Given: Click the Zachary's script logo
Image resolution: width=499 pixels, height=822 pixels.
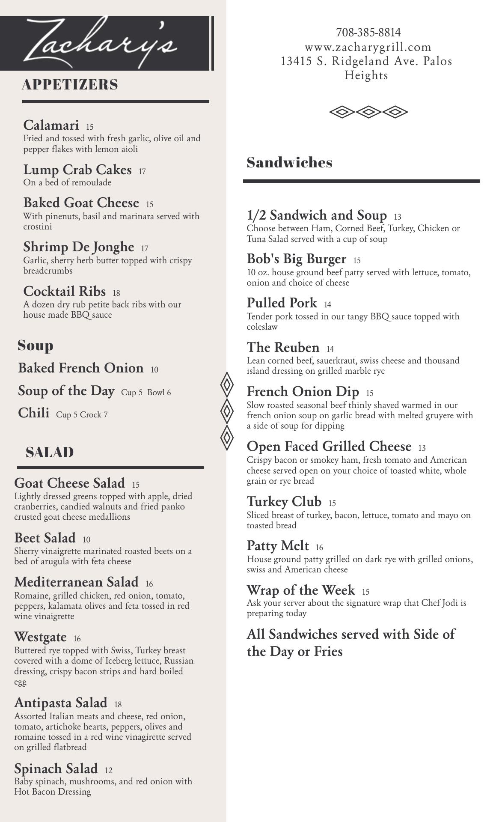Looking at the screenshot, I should tap(101, 43).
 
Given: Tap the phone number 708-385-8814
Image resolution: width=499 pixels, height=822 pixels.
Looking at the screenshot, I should tap(368, 33).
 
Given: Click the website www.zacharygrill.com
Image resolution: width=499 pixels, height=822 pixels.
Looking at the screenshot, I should tap(368, 47).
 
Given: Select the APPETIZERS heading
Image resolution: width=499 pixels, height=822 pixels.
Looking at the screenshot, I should tap(70, 85).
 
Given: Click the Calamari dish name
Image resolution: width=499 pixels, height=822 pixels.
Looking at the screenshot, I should tap(51, 125).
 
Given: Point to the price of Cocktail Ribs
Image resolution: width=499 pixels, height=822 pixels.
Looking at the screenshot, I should tap(116, 293).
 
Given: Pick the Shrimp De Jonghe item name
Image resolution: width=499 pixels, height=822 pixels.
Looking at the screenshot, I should tap(79, 247).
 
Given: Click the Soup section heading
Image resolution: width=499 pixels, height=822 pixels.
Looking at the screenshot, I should tap(36, 345).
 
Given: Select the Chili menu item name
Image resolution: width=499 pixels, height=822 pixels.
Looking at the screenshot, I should tap(33, 413).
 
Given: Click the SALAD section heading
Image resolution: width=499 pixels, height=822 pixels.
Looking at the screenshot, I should tap(50, 453).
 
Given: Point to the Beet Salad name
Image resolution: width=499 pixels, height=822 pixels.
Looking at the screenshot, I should tap(45, 538).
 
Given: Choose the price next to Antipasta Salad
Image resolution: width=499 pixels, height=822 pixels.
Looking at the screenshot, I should tap(118, 705).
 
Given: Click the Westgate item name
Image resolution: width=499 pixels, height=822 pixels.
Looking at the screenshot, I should tap(40, 637).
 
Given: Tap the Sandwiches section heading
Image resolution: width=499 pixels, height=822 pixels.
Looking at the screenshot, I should tap(289, 163).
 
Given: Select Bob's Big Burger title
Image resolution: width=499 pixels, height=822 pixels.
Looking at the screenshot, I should tap(297, 259).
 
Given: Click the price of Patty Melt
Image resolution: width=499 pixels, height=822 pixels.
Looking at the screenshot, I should tap(319, 548).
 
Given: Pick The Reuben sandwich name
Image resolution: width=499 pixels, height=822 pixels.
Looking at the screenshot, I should tap(283, 347).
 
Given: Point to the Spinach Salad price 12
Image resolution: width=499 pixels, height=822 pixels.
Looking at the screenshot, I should tap(108, 771).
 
